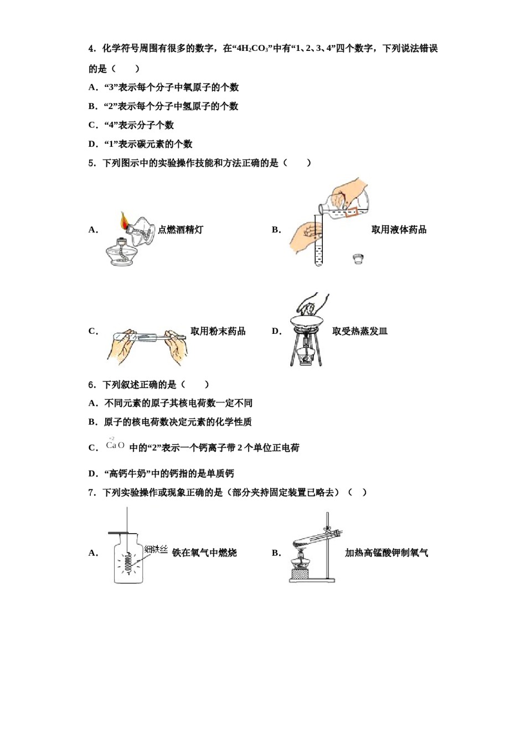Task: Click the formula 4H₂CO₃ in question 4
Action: [x=252, y=49]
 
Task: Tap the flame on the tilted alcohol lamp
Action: [x=123, y=221]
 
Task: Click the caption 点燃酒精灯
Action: [x=181, y=230]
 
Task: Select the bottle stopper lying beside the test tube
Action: [x=359, y=259]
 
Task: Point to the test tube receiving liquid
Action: [x=318, y=244]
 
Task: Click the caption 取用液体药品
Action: [x=399, y=230]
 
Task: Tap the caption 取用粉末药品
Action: [x=218, y=331]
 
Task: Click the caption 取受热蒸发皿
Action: [x=360, y=331]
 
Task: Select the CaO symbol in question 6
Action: [x=115, y=445]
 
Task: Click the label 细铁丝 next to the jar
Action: [x=156, y=549]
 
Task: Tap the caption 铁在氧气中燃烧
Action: [x=204, y=552]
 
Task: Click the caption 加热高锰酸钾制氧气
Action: [x=386, y=552]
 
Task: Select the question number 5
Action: [x=92, y=163]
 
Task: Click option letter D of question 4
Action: [x=92, y=144]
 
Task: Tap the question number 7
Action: [x=92, y=492]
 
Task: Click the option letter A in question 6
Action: [x=92, y=403]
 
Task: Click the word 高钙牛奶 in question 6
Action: [x=127, y=473]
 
